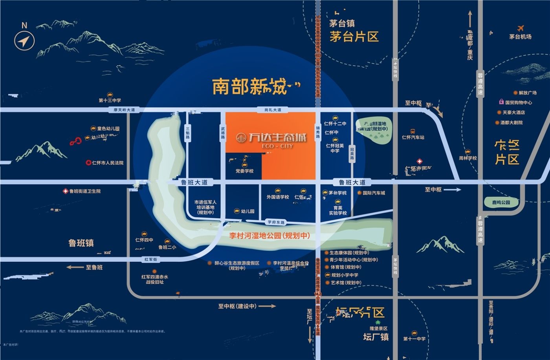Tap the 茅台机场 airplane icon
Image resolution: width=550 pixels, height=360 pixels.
[521, 28]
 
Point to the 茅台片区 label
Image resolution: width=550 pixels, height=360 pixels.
[354, 37]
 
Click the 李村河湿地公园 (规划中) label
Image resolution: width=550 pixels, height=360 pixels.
[269, 236]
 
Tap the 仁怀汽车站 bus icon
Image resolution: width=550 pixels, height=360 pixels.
[413, 132]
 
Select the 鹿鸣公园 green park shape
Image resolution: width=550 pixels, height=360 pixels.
[500, 202]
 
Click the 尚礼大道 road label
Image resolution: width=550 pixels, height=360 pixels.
[273, 110]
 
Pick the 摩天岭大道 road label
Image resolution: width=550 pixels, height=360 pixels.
[124, 110]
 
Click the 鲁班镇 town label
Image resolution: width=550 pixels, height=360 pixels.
[81, 243]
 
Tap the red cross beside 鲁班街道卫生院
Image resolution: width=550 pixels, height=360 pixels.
[66, 191]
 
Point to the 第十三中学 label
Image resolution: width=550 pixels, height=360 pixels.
[110, 101]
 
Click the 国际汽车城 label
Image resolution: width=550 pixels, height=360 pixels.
[374, 193]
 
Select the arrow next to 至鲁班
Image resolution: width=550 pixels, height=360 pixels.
[75, 267]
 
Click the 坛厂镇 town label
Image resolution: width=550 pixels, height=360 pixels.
[376, 337]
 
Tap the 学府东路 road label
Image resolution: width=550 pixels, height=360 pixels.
[276, 223]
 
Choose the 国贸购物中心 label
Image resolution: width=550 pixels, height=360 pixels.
[519, 102]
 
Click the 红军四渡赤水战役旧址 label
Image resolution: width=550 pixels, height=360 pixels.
[155, 279]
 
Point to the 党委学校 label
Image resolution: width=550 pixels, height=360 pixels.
[244, 171]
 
